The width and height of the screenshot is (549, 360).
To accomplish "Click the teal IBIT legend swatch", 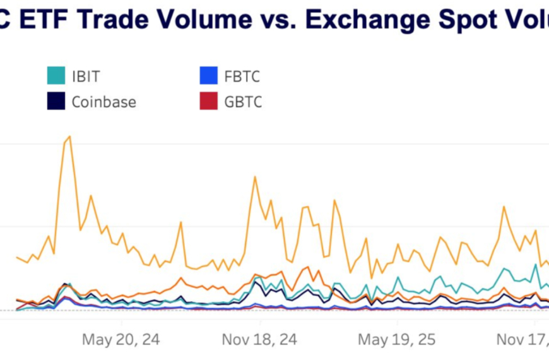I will [56, 76].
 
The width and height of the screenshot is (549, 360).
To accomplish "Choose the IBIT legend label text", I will [86, 76].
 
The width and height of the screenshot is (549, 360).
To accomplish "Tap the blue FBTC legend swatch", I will [208, 76].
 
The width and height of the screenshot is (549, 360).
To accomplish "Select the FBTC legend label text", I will [242, 76].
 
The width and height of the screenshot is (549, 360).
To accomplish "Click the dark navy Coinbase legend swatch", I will [56, 101].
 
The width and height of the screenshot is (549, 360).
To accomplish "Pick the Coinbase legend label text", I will [103, 102].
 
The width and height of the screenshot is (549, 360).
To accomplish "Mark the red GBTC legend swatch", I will [208, 101].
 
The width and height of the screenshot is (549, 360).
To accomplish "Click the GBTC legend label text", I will [242, 102].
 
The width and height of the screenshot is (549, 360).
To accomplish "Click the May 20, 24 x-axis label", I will [121, 340].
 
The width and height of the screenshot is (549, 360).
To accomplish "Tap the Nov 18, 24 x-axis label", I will [259, 340].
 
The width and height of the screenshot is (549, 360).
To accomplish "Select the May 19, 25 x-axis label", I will [397, 340].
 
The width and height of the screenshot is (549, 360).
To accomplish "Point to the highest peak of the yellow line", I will [69, 136].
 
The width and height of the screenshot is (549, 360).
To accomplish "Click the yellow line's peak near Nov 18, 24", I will [255, 177].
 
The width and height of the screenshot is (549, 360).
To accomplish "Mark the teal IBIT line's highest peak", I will [536, 265].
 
